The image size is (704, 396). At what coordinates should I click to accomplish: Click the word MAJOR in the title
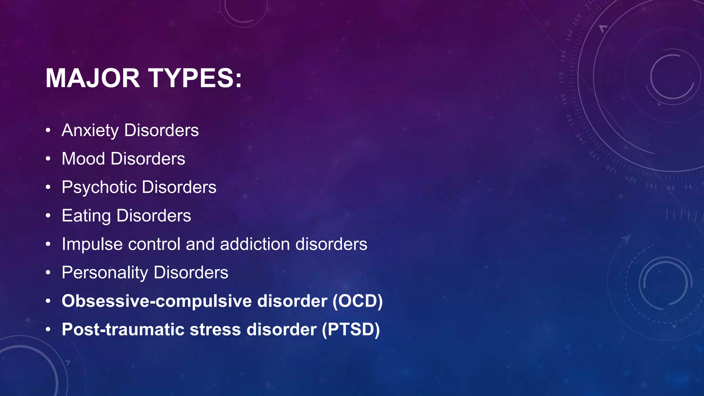coord(92,78)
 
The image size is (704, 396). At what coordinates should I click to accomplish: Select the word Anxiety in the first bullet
coord(90,131)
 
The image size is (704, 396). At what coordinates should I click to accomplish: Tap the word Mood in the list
coord(83,159)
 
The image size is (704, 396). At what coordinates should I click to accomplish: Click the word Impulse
coord(92,244)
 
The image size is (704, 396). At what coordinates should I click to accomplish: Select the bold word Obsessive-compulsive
coord(157,301)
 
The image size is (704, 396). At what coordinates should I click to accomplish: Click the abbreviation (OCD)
coord(357,301)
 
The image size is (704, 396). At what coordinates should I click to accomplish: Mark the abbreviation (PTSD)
coord(351,329)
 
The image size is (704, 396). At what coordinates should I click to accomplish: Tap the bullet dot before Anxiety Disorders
coord(48,131)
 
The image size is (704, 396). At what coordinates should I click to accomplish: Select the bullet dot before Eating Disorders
coord(48,216)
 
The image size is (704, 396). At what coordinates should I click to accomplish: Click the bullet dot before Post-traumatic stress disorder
coord(48,330)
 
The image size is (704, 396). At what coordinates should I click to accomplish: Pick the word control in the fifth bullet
coord(154,244)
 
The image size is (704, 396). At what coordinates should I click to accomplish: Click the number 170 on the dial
coord(561,78)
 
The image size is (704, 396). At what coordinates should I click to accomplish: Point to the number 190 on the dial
coord(570,35)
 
